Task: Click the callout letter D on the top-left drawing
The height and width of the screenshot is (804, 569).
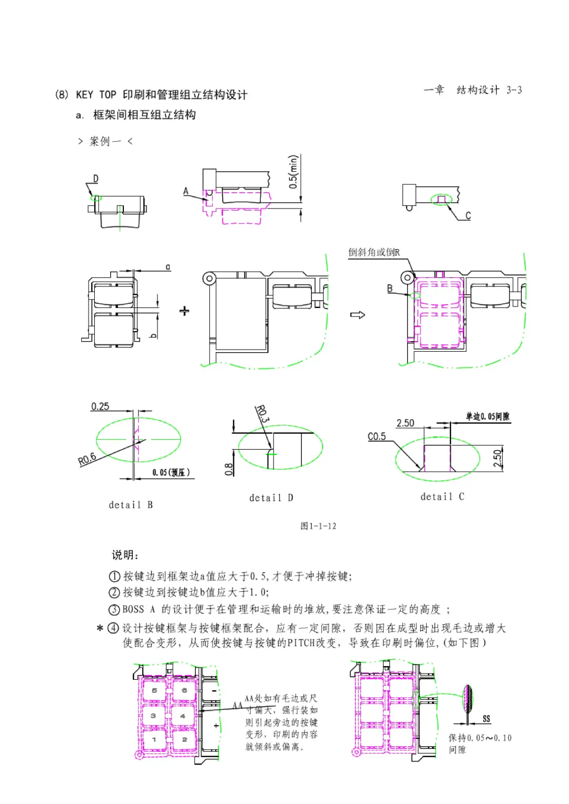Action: coord(95,178)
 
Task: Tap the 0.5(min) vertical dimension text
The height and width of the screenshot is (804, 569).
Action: coord(293,171)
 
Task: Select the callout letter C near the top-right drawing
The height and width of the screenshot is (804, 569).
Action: coord(468,215)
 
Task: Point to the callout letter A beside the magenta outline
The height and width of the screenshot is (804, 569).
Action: coord(186,191)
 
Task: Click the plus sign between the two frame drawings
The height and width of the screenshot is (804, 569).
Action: coord(184,311)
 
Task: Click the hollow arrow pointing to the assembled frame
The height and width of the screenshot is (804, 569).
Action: coord(358,315)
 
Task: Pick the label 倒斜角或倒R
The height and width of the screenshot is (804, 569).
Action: coord(374,252)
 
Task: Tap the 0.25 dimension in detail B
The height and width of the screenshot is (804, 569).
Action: coord(100,406)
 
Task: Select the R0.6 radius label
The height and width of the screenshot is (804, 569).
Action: coord(87,459)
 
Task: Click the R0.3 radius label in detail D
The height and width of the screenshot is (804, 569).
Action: coord(262,414)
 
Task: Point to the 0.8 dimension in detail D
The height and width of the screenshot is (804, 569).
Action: coord(229,469)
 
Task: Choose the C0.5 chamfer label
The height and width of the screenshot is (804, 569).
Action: coord(377,436)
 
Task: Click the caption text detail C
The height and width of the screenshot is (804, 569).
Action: coord(442,497)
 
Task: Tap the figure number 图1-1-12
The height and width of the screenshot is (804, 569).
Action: coord(318,526)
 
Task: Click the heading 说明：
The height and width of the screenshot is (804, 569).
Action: coord(125,555)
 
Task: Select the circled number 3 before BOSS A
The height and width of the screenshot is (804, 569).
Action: coord(114,610)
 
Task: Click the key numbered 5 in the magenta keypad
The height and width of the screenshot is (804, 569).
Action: coord(154,690)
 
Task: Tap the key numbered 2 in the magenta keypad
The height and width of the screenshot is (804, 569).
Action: coord(184,739)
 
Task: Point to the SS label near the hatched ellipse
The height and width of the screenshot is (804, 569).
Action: coord(486,719)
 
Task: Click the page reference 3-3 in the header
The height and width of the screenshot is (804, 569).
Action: coord(514,90)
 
